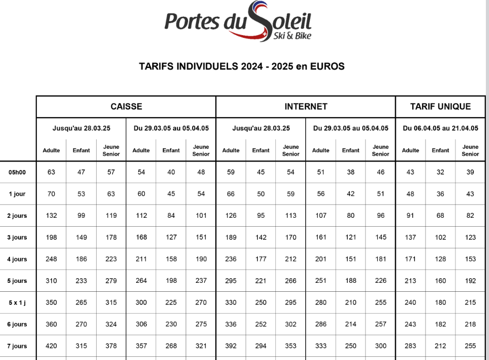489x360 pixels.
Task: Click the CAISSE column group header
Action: [x=126, y=107]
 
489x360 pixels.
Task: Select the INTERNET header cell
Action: [x=306, y=107]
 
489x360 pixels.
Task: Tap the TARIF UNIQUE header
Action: [x=440, y=107]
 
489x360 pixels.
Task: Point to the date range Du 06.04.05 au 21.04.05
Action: [x=440, y=128]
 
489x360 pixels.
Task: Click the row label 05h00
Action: [x=17, y=172]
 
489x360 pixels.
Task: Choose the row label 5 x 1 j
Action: [x=17, y=302]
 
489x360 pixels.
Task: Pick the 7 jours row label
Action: [x=17, y=346]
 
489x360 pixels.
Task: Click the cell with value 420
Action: [x=51, y=346]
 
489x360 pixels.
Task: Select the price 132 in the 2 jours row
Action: [x=51, y=216]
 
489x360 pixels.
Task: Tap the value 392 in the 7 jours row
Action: [x=231, y=346]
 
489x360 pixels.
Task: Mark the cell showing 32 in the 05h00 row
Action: [x=440, y=172]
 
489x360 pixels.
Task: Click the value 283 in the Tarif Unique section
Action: [x=410, y=346]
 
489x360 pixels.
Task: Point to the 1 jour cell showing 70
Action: [x=51, y=194]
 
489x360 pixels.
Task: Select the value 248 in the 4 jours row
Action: [x=51, y=259]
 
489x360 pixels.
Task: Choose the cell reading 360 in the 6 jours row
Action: [x=51, y=324]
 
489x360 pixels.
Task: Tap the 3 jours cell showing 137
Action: [x=410, y=237]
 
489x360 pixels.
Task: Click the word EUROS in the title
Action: [x=327, y=67]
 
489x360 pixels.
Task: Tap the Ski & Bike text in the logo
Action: [x=293, y=36]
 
